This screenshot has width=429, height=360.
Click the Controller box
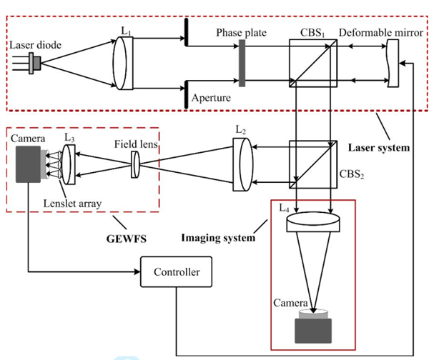click(x=177, y=271)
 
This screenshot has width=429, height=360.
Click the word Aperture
click(x=212, y=97)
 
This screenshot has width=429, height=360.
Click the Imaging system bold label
click(x=218, y=236)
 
